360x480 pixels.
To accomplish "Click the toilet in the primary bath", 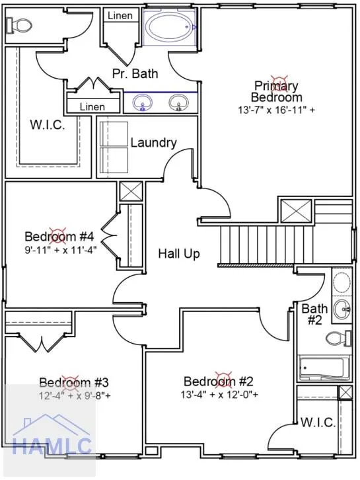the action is (x=19, y=25).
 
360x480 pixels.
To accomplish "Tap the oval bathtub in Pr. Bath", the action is (x=170, y=27).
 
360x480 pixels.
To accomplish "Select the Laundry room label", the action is (x=153, y=143).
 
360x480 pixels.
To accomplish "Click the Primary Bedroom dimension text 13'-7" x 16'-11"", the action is (x=276, y=110).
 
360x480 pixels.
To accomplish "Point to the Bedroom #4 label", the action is (x=59, y=236).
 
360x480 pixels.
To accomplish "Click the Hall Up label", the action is (x=179, y=254).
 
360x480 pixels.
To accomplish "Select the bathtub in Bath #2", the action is (x=324, y=368).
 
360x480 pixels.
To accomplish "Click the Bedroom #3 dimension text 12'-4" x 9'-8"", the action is (x=75, y=396).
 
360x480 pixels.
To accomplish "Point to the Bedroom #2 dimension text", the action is (x=219, y=395).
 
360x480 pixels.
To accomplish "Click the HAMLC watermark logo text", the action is (x=52, y=446).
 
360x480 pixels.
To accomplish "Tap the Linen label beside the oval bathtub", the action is (x=120, y=16).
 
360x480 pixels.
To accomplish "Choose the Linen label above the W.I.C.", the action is (x=92, y=107).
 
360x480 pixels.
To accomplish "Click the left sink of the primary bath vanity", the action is (x=142, y=102).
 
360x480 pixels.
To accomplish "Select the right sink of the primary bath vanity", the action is (x=179, y=102).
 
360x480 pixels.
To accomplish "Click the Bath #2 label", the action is (x=314, y=314).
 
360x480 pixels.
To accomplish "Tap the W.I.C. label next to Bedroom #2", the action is (x=318, y=422).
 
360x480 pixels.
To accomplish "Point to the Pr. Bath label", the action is (x=135, y=73).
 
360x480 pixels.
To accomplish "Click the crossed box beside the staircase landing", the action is (x=296, y=211).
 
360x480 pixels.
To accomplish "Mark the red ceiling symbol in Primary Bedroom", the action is (x=279, y=83).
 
